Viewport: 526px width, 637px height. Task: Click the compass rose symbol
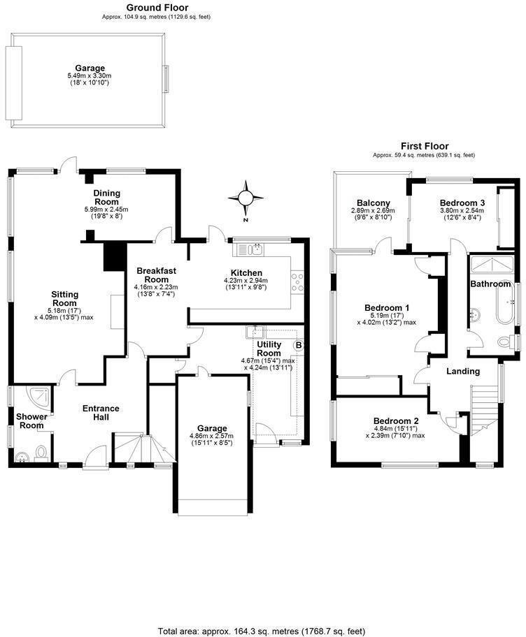click(246, 196)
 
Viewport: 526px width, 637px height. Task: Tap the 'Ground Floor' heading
click(156, 8)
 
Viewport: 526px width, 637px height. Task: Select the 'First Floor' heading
click(425, 146)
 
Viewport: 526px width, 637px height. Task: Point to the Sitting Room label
click(64, 298)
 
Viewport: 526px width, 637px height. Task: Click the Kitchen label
click(246, 272)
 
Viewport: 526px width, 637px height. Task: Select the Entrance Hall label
click(101, 413)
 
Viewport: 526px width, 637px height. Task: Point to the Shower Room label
click(31, 421)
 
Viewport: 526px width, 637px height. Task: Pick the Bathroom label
click(490, 284)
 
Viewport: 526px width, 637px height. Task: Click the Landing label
click(463, 371)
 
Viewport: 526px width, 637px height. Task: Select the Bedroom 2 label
click(396, 420)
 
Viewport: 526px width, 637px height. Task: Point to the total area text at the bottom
click(262, 630)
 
